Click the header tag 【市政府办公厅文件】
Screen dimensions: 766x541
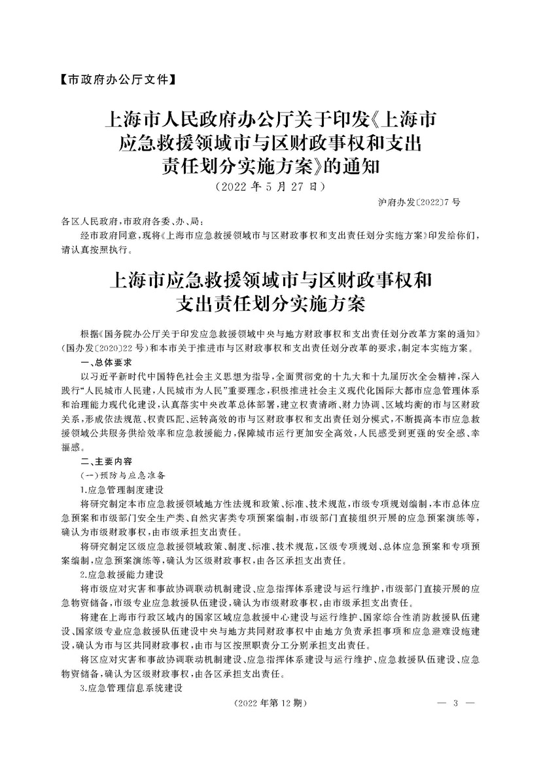pos(116,81)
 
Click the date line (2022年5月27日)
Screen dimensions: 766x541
pos(270,186)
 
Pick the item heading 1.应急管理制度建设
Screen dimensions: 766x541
pos(120,489)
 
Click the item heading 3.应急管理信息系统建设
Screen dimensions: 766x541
pos(130,688)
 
